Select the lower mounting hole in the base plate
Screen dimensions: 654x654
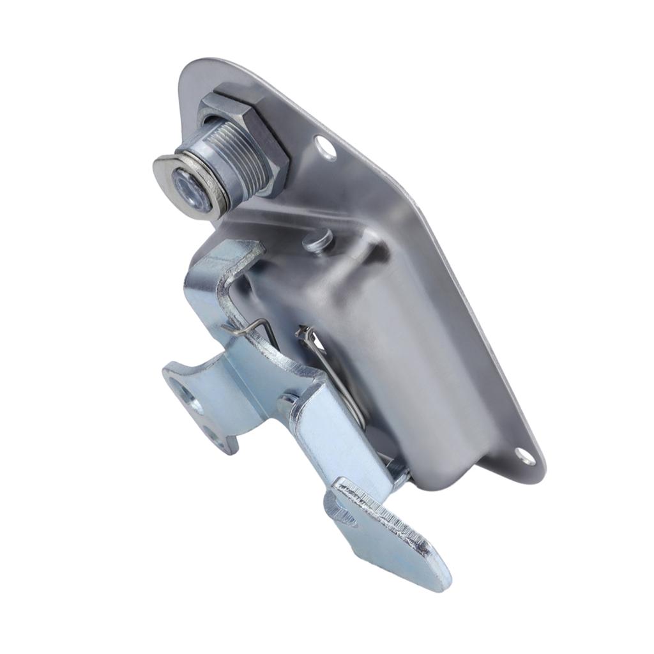524,455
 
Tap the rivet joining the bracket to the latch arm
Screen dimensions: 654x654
286,404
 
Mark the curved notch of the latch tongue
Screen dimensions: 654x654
342,514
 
